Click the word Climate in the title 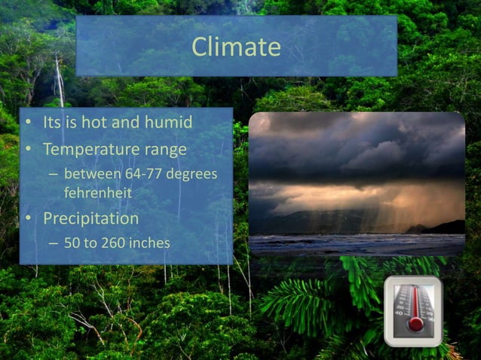coord(236,47)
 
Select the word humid coord(167,122)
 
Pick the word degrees coord(191,175)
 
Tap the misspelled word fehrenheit coord(98,193)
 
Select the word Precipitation coord(90,219)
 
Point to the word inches coord(149,243)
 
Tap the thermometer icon coord(413,310)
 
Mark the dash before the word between coord(53,175)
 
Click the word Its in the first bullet coord(52,122)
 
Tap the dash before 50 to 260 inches coord(53,243)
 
